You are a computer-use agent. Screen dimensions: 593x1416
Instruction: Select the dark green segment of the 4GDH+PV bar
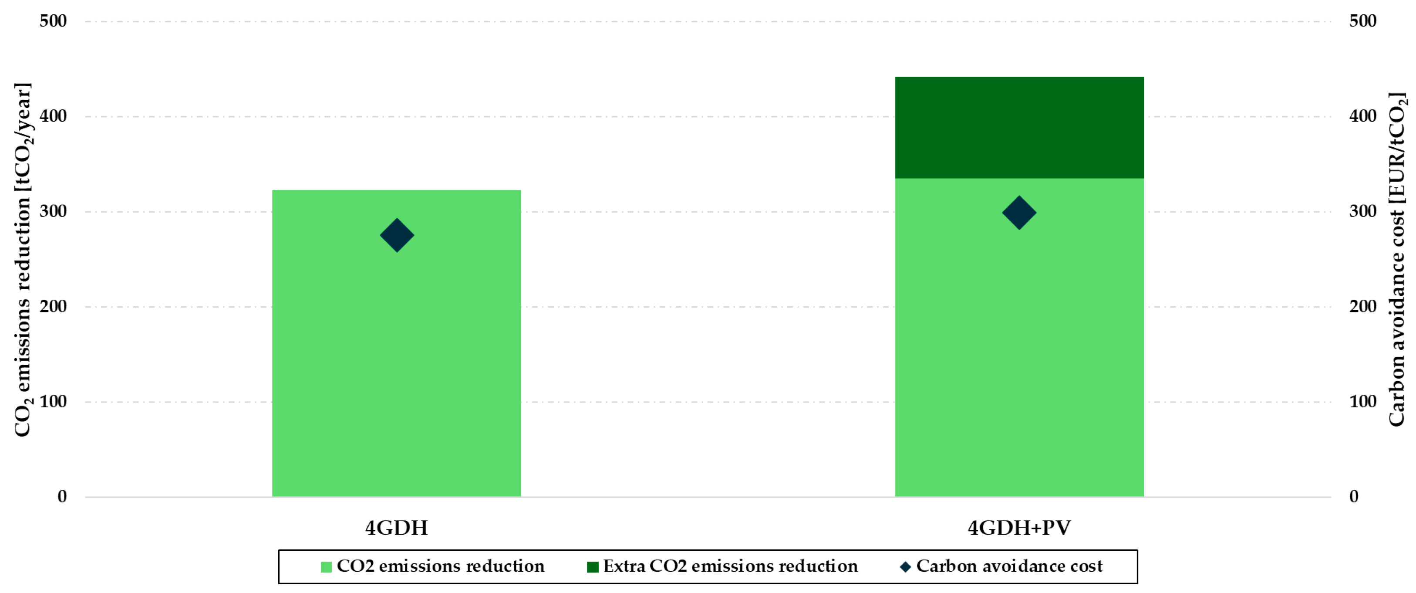pyautogui.click(x=1019, y=127)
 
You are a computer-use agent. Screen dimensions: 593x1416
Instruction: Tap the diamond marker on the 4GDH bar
pyautogui.click(x=397, y=235)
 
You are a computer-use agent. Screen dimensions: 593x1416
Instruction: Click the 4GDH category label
pyautogui.click(x=396, y=528)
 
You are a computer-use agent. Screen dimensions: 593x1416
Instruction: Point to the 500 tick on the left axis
pyautogui.click(x=53, y=21)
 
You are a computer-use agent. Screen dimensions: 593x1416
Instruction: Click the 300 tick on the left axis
pyautogui.click(x=53, y=211)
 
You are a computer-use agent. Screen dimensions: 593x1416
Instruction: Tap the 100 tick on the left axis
pyautogui.click(x=53, y=402)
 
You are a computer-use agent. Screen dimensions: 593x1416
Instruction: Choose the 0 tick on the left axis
pyautogui.click(x=62, y=497)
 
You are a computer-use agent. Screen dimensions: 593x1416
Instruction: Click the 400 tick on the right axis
pyautogui.click(x=1362, y=116)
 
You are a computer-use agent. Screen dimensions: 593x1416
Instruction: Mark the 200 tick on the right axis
pyautogui.click(x=1362, y=306)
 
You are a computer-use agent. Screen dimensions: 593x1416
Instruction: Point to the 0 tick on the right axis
pyautogui.click(x=1353, y=497)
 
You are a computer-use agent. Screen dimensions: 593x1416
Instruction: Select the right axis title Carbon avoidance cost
pyautogui.click(x=1397, y=260)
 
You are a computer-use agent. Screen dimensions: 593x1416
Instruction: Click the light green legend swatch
pyautogui.click(x=326, y=566)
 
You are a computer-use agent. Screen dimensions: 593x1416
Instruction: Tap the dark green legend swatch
pyautogui.click(x=593, y=566)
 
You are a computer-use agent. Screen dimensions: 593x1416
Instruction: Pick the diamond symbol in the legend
pyautogui.click(x=905, y=566)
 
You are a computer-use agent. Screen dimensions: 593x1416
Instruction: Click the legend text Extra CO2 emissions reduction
pyautogui.click(x=730, y=566)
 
